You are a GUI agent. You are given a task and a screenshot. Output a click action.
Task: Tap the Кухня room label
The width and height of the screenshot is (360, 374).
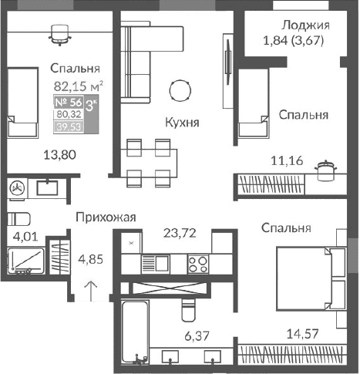pyautogui.click(x=183, y=122)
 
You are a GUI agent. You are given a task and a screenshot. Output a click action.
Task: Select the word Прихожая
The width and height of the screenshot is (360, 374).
pyautogui.click(x=106, y=217)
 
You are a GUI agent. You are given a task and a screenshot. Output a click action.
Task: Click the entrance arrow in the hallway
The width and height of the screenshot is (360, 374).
pyautogui.click(x=90, y=291)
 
